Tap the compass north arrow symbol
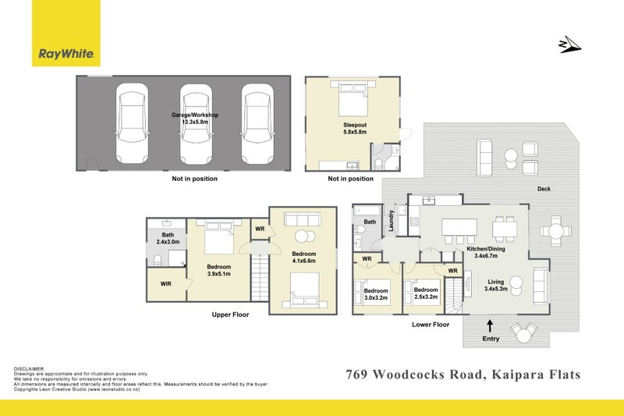pos(570,45)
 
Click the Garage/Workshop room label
pos(195,118)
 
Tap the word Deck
pos(544,189)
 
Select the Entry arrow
pos(490,323)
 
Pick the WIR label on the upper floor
pos(165,284)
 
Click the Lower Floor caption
pos(430,324)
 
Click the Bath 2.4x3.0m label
pos(168,238)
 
